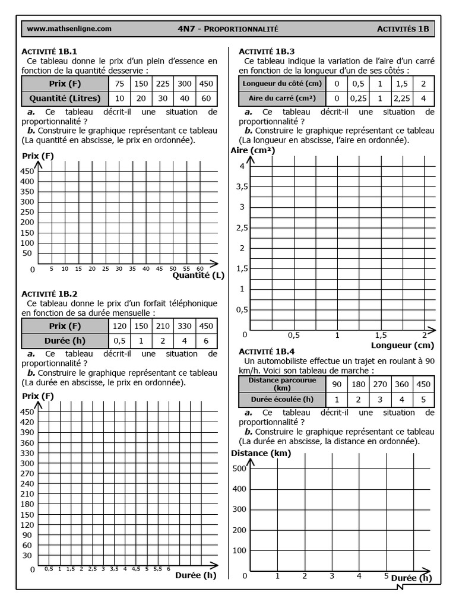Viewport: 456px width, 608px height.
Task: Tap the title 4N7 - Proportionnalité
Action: (x=228, y=28)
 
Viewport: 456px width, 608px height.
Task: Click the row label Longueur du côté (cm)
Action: (x=281, y=84)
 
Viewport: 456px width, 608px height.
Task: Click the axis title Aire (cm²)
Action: (x=252, y=151)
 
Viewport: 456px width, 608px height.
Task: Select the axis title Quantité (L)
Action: (x=198, y=275)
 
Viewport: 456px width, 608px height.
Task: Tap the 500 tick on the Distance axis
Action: (x=239, y=468)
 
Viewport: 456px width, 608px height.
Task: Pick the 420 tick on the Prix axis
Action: (x=27, y=422)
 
